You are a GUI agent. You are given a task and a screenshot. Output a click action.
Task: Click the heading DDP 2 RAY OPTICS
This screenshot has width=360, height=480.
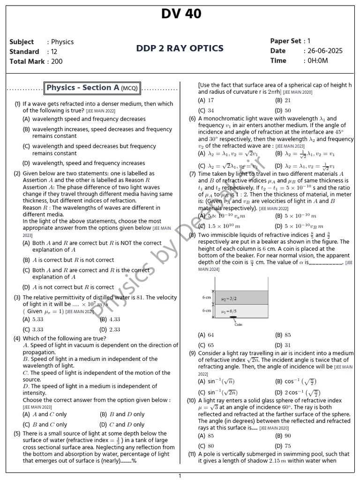(x=180, y=48)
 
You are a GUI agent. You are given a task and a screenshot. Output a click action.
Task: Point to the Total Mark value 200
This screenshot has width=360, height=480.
(x=56, y=61)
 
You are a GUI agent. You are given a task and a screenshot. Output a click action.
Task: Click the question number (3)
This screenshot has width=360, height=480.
(x=17, y=297)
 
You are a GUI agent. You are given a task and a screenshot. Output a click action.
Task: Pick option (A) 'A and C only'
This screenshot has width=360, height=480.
(x=45, y=414)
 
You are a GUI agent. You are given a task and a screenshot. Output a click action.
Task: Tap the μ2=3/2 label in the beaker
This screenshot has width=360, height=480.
(x=242, y=298)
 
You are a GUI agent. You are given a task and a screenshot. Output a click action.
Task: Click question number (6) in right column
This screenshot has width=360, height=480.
(x=192, y=119)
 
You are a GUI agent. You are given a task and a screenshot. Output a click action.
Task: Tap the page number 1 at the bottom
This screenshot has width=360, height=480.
(x=180, y=476)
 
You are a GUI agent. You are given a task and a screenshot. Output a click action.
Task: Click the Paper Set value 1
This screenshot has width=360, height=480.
(x=309, y=41)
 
